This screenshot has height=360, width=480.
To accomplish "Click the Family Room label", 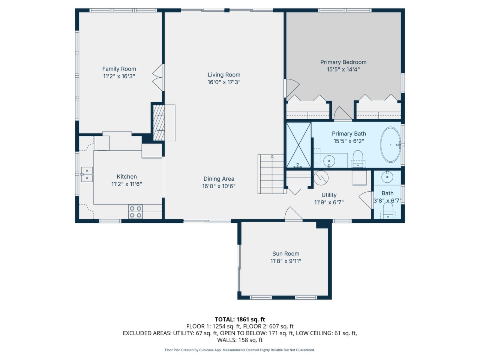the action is (119, 69).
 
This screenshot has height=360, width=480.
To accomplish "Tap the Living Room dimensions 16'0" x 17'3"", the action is (224, 82).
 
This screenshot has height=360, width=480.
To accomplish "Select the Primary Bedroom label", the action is (343, 62).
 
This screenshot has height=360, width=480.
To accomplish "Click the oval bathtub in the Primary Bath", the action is (390, 144).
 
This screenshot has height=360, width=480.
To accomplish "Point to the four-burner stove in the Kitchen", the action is (136, 211).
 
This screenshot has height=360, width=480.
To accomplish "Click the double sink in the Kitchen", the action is (87, 174).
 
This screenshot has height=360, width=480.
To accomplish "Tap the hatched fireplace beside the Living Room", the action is (159, 123).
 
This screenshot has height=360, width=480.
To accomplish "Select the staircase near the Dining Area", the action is (272, 174).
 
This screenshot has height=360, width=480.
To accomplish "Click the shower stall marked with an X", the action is (298, 145).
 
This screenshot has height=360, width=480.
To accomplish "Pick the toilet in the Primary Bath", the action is (358, 159).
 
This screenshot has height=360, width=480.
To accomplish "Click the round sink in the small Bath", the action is (387, 176).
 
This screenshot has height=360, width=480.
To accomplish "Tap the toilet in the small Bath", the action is (388, 210).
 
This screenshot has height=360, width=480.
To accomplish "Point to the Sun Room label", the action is (286, 253).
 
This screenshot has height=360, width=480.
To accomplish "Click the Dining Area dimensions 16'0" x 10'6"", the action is (219, 186).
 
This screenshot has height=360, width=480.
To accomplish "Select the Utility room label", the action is (329, 195).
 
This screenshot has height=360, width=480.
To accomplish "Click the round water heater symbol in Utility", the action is (321, 178).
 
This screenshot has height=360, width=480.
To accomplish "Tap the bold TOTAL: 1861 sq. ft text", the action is (240, 319).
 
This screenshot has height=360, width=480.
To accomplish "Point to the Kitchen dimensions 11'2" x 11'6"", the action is (127, 184).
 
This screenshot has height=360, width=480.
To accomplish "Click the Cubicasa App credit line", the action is (240, 350).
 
